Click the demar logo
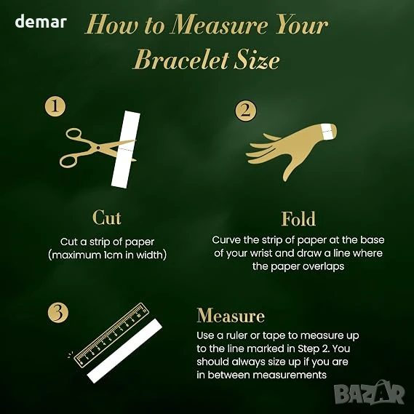(x=41, y=21)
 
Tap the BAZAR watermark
(x=370, y=393)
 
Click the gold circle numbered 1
(x=55, y=106)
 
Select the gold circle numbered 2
(x=245, y=111)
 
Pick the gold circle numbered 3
(x=58, y=312)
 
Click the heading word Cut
(x=107, y=218)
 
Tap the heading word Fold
(x=298, y=219)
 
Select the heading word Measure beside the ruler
(x=231, y=316)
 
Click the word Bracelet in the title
(x=181, y=60)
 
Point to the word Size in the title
(x=257, y=60)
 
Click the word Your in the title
(x=302, y=25)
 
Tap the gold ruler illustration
(x=111, y=335)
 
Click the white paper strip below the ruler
(x=124, y=351)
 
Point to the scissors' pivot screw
(x=98, y=147)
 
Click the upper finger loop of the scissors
(x=73, y=134)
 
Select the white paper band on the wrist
(x=326, y=132)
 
